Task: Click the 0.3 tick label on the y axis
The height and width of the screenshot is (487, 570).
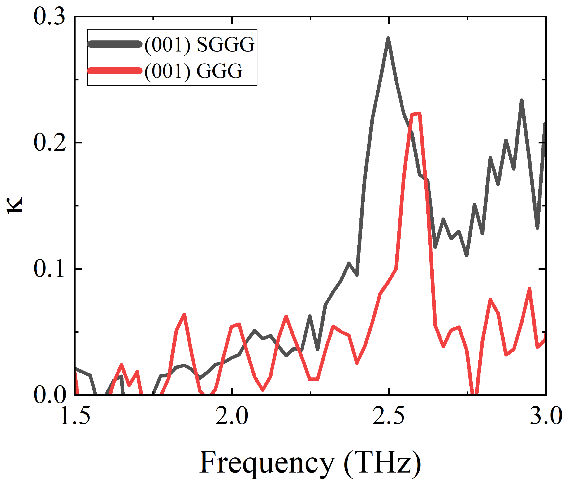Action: pos(50,16)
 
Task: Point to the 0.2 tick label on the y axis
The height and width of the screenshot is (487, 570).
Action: pos(50,143)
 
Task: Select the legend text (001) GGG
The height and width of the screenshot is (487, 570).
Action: pos(193,71)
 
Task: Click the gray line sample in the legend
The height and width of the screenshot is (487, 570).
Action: pos(115,44)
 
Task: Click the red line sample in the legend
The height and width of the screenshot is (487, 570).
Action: pos(115,71)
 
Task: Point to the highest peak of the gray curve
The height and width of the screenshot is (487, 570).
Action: pos(388,38)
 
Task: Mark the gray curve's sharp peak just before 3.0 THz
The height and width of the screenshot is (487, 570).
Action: pos(521,101)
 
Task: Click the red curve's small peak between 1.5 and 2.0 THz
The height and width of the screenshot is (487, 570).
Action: pos(184,314)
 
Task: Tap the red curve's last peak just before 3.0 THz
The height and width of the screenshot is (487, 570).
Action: pos(529,289)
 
